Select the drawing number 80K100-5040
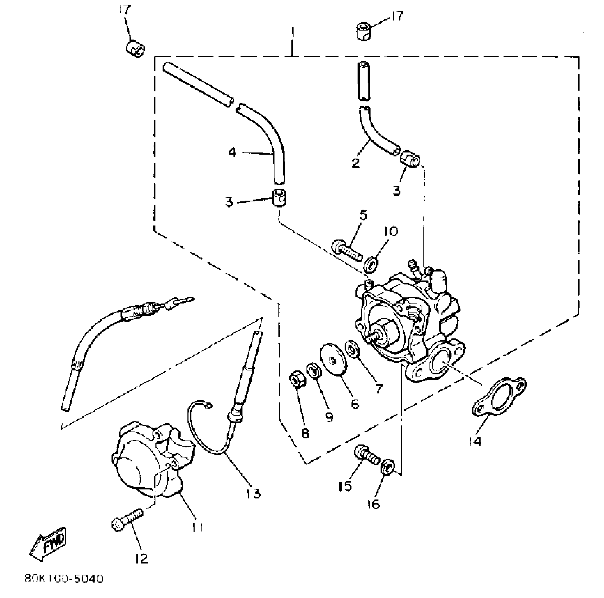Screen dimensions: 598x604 pyautogui.click(x=64, y=579)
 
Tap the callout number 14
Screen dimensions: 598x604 pyautogui.click(x=475, y=440)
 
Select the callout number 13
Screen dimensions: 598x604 pyautogui.click(x=253, y=493)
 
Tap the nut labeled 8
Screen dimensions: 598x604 pyautogui.click(x=296, y=380)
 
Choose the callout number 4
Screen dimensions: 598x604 pyautogui.click(x=232, y=153)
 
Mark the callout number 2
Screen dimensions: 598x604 pyautogui.click(x=356, y=163)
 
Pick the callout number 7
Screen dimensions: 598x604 pyautogui.click(x=379, y=388)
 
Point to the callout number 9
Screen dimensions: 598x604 pyautogui.click(x=329, y=417)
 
